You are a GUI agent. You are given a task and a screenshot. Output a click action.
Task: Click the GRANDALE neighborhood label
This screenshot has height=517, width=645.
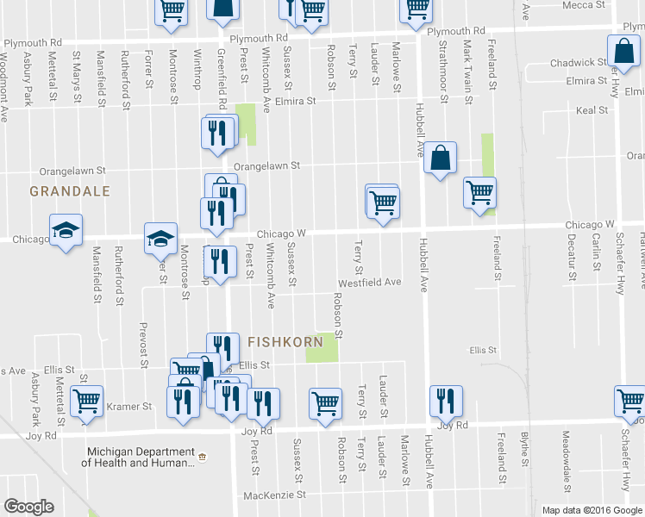(69, 190)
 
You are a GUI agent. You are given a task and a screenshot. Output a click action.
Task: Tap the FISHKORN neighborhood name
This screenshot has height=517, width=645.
(287, 341)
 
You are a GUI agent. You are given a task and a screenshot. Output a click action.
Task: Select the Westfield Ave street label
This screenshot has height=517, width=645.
(370, 282)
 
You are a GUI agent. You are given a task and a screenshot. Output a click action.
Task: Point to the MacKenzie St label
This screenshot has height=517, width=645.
(275, 495)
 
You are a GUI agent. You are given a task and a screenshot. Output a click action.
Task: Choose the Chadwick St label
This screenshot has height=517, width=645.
(579, 63)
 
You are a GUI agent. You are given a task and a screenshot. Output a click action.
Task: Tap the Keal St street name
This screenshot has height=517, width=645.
(592, 111)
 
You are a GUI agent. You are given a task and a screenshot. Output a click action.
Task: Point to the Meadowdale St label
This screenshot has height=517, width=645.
(566, 457)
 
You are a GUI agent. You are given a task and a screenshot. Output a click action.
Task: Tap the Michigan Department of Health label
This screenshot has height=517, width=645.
(138, 458)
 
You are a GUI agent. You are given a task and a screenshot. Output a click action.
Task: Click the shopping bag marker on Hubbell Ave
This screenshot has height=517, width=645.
(440, 158)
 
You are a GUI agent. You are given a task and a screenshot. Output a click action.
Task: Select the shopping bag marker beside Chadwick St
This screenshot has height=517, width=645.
(623, 52)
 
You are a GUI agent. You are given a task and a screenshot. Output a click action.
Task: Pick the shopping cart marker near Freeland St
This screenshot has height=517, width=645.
(479, 192)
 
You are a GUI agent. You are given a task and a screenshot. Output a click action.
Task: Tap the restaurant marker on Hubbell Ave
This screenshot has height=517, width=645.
(446, 401)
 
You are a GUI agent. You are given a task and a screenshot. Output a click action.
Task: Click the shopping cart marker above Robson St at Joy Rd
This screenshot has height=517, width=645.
(325, 403)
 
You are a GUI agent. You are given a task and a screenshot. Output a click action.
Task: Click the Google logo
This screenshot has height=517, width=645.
(28, 507)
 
